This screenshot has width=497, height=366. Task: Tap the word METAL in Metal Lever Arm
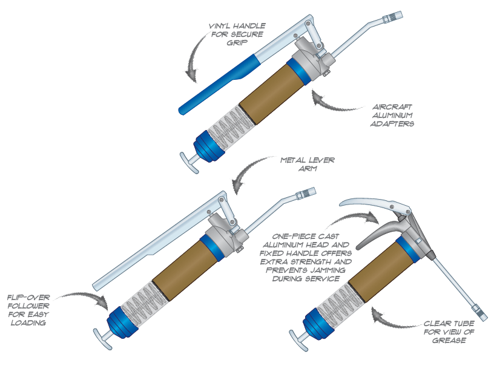pyautogui.click(x=294, y=161)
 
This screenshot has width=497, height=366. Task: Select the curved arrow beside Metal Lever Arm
pyautogui.click(x=248, y=172)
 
